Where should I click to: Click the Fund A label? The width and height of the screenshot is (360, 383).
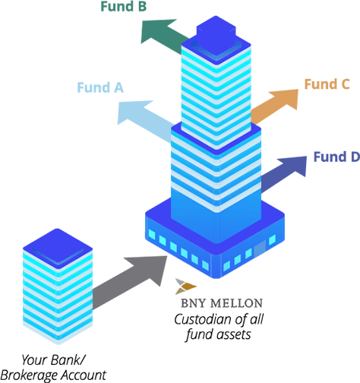100,87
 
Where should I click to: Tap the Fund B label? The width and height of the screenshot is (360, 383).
124,6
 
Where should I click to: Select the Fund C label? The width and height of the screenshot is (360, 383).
327,84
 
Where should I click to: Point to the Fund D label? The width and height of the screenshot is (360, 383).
336,157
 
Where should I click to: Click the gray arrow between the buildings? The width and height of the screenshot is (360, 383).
130,282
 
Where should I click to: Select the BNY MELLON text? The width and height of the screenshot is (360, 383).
222,303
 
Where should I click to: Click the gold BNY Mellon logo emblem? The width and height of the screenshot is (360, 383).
185,286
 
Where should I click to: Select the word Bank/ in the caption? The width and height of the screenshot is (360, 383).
68,360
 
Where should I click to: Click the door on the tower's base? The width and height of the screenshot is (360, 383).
260,248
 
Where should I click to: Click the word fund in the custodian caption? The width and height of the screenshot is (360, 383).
197,335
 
